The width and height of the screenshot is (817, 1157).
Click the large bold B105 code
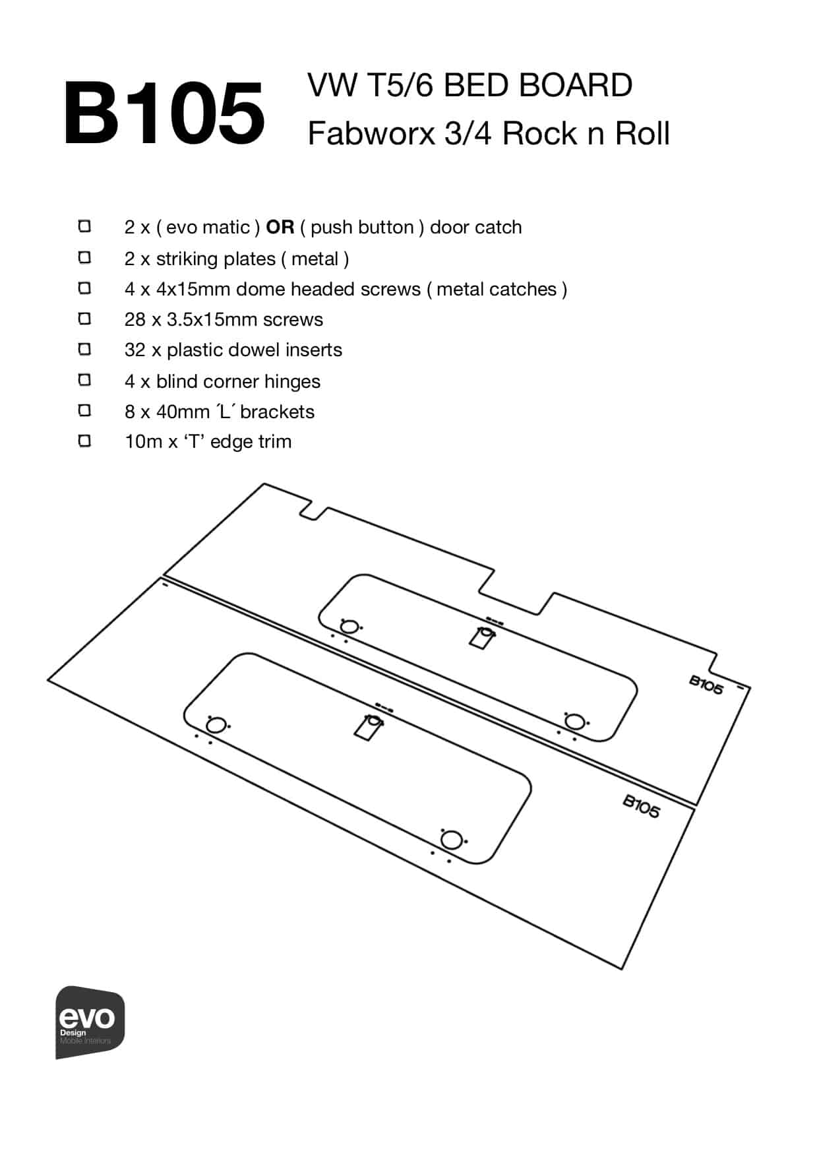[x=164, y=113]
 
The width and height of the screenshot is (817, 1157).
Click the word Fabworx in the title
[x=371, y=134]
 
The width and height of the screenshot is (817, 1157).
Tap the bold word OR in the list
[x=280, y=228]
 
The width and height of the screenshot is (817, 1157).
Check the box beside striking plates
[x=84, y=257]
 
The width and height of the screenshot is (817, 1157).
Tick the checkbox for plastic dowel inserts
[x=84, y=349]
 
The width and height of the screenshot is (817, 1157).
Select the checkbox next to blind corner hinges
[x=84, y=380]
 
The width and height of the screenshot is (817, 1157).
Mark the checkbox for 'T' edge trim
[x=84, y=441]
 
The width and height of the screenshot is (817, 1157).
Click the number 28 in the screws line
[x=134, y=320]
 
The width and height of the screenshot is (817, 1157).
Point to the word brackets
[x=277, y=412]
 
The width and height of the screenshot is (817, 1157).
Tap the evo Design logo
[x=90, y=1022]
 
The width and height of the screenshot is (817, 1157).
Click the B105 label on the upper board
[x=706, y=685]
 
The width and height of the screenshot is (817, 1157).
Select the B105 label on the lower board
[x=641, y=805]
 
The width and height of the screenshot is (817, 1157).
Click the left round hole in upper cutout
[x=349, y=626]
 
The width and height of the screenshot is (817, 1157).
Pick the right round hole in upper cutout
[x=575, y=722]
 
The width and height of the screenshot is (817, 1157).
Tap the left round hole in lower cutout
[x=216, y=726]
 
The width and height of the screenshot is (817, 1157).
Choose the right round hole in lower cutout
[x=451, y=840]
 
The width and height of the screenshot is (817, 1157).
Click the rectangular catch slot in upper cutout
[x=482, y=638]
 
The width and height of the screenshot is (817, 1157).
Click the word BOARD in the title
[x=575, y=86]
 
